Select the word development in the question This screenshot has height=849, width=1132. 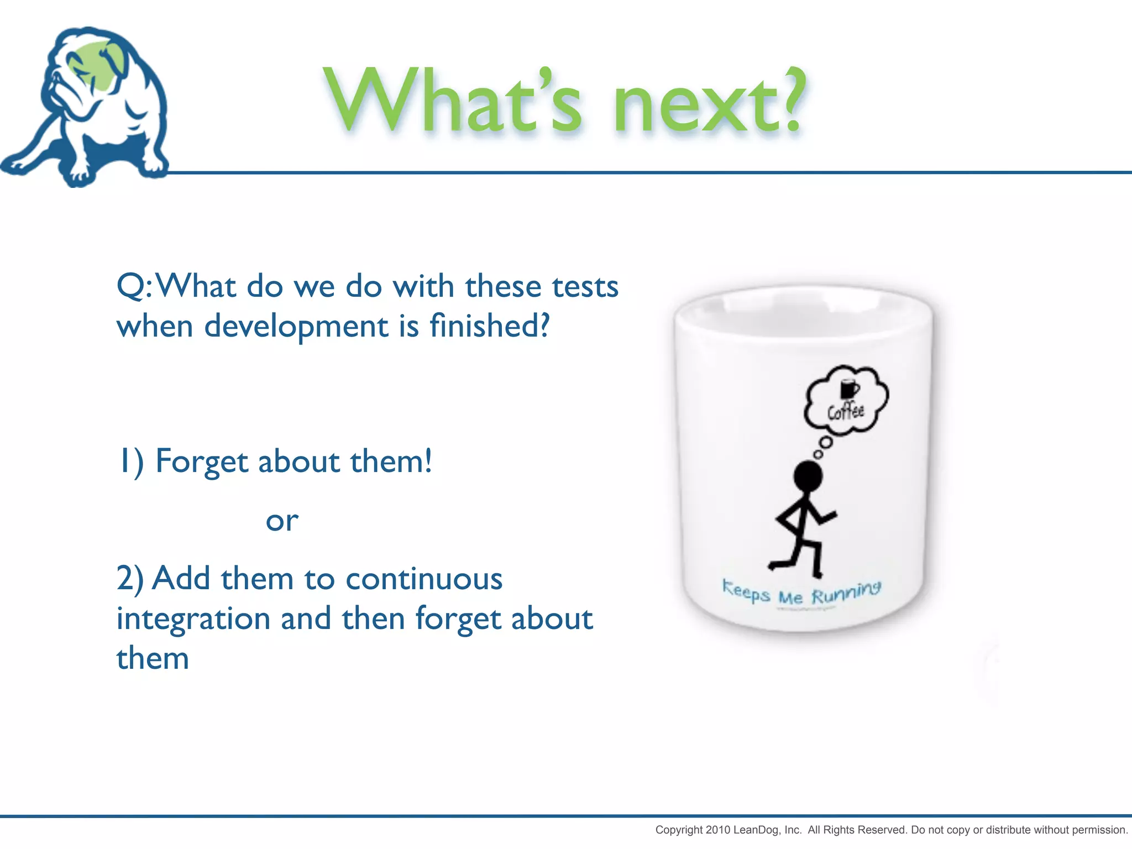pos(296,326)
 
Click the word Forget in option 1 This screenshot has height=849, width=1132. pos(202,462)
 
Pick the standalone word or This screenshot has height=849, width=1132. pos(282,521)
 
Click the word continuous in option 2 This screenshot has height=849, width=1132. pos(424,579)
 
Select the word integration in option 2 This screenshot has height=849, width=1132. pos(193,619)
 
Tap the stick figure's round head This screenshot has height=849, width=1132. pos(808,476)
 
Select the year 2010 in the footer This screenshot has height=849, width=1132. pos(718,830)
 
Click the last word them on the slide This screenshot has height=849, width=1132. pos(153,658)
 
